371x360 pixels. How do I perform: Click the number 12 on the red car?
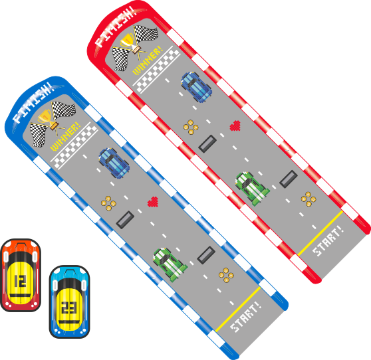tap(20, 281)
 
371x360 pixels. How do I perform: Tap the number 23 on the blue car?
tap(68, 308)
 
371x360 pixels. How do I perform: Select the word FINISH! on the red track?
tap(116, 27)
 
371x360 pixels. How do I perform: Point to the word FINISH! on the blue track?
tap(33, 102)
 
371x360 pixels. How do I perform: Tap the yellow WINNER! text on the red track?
tap(148, 60)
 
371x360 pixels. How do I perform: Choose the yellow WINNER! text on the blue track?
tap(65, 136)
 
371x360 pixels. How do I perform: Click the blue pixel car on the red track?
tap(196, 87)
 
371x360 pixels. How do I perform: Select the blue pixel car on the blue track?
tap(114, 163)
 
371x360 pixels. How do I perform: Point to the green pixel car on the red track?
tap(252, 189)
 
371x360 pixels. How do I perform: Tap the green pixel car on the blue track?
tap(170, 265)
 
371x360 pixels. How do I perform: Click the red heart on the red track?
tap(235, 126)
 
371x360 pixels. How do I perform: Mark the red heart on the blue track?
tap(153, 202)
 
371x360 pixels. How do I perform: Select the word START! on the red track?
tap(328, 241)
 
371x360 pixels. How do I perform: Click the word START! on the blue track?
tap(246, 317)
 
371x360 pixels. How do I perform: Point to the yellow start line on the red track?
tap(320, 234)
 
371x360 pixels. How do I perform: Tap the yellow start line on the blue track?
tap(238, 310)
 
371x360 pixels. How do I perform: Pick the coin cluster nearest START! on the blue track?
tap(226, 275)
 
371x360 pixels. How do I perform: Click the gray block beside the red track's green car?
tap(289, 179)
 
